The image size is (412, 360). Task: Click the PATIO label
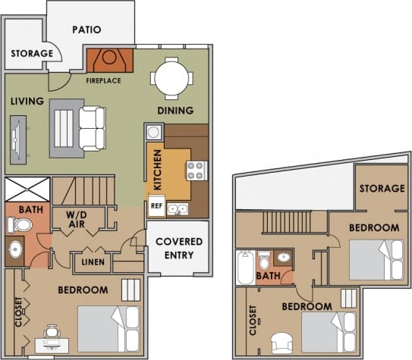87,30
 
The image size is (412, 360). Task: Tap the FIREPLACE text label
103,80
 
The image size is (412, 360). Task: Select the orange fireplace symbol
109,59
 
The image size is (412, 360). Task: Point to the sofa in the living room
92,128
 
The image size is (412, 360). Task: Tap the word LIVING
28,101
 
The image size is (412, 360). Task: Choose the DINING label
175,111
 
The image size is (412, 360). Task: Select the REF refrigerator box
156,205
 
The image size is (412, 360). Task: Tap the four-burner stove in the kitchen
196,170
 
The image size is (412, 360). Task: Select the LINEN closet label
93,263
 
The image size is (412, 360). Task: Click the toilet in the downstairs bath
22,224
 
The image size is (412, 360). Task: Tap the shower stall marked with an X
27,189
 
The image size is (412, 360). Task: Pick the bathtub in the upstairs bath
245,267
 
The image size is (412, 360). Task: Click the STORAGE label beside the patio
32,54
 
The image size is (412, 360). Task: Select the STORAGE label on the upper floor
381,188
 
